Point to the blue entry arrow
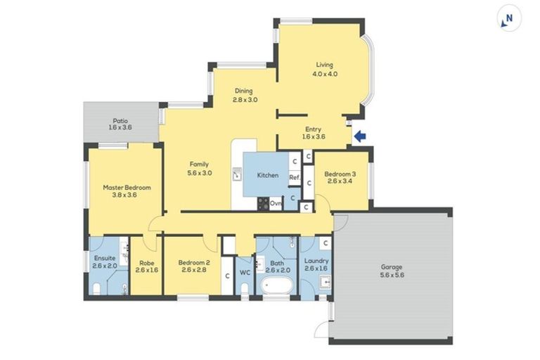tap(359, 137)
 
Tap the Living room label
tap(323, 65)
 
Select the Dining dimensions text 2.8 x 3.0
tap(245, 100)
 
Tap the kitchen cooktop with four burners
tap(262, 203)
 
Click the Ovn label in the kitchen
tap(276, 203)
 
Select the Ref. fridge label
tap(295, 177)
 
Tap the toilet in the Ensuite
tap(96, 289)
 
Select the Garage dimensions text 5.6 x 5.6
tap(392, 275)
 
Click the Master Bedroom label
tap(127, 188)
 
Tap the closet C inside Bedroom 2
tap(227, 275)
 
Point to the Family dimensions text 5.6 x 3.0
tap(200, 172)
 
